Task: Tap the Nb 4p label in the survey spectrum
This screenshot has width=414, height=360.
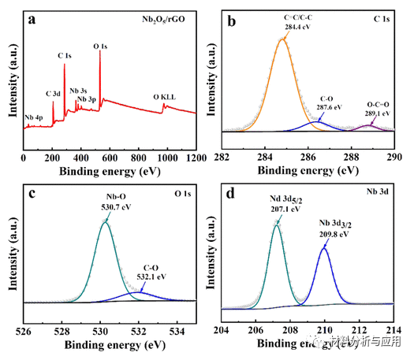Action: point(34,117)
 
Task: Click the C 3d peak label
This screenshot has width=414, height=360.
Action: point(53,94)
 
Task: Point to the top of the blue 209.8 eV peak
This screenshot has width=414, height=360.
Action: point(323,248)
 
